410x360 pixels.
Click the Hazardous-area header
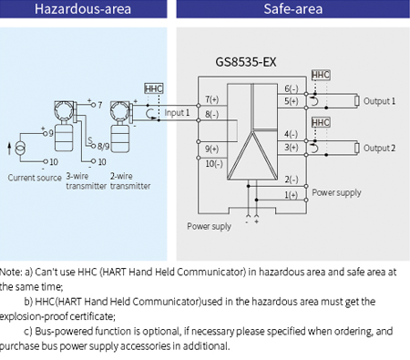click(x=83, y=12)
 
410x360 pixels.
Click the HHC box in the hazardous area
click(x=154, y=88)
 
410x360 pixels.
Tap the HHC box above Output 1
click(x=321, y=74)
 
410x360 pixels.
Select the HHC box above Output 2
click(x=321, y=121)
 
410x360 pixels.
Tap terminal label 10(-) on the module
click(x=213, y=163)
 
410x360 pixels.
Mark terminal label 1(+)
click(x=291, y=194)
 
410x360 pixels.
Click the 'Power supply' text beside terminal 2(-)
click(x=335, y=192)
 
